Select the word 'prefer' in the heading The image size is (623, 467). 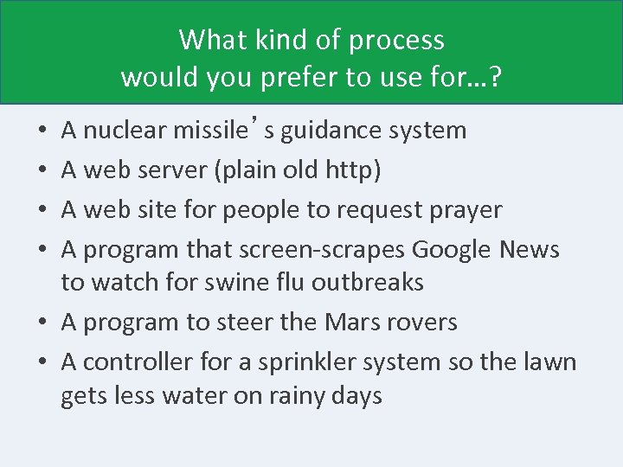pyautogui.click(x=305, y=77)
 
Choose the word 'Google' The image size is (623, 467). pyautogui.click(x=453, y=250)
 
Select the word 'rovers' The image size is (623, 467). pyautogui.click(x=424, y=323)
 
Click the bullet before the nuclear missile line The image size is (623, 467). pyautogui.click(x=43, y=132)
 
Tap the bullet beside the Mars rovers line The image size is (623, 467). pyautogui.click(x=43, y=323)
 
